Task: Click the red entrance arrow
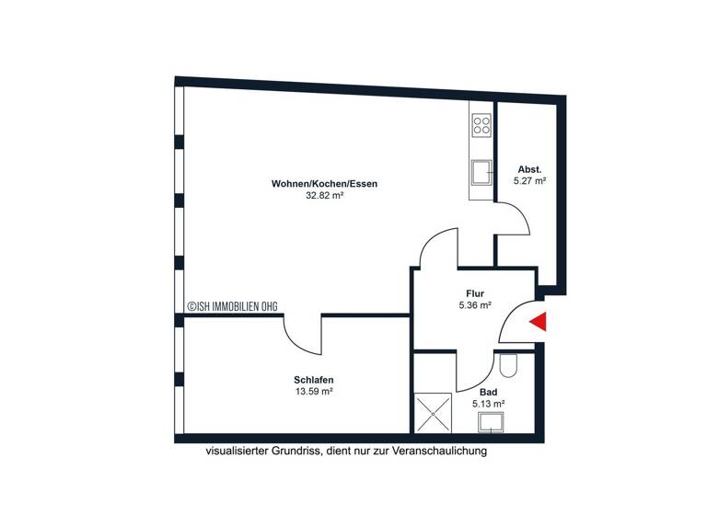click(539, 322)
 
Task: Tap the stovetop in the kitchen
click(481, 125)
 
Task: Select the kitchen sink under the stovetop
click(481, 171)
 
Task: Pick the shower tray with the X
click(434, 412)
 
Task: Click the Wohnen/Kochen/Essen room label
click(324, 184)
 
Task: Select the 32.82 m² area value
click(324, 196)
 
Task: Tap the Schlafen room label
click(313, 380)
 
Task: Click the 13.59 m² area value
click(313, 392)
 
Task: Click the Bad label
click(488, 392)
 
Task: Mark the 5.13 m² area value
click(488, 404)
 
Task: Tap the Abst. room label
click(529, 169)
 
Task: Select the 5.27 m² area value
click(529, 181)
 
